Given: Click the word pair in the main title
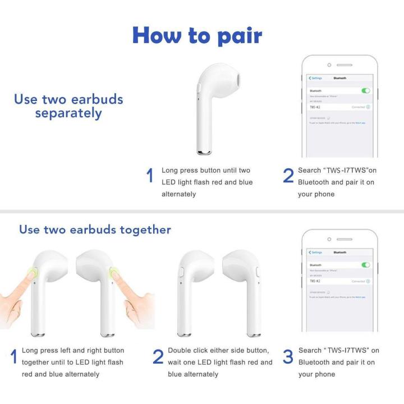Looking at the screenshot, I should tap(238, 35).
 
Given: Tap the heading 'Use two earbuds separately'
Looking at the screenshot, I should tap(68, 106).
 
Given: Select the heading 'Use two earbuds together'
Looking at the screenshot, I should tap(95, 229).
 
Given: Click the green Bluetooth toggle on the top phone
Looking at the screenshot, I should tap(366, 90).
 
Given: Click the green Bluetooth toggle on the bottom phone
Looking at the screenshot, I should tap(366, 264).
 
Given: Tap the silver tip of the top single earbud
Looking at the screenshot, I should tap(204, 152).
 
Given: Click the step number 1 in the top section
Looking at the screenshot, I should tap(150, 176).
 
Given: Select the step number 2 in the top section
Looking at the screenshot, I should tap(288, 176).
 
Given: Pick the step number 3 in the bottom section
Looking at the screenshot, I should tap(288, 357).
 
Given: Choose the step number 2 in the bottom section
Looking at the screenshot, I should tap(158, 357).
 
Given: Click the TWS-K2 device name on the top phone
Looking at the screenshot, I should tap(315, 107).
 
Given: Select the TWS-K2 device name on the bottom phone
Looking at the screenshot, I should tap(315, 281).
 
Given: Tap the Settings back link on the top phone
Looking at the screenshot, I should tap(315, 78).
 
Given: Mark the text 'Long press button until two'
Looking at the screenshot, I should tap(206, 170).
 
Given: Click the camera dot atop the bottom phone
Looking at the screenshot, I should tap(329, 238).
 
